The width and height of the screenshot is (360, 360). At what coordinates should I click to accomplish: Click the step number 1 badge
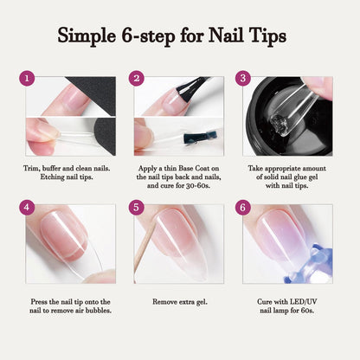(28, 78)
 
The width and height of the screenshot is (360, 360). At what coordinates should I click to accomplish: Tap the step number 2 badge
(136, 78)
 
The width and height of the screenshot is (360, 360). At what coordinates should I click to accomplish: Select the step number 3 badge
(244, 78)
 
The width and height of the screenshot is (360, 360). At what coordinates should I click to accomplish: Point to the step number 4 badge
(28, 208)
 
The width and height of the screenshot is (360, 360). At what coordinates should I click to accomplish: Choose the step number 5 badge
(136, 208)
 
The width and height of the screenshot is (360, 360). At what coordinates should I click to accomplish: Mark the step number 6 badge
(244, 208)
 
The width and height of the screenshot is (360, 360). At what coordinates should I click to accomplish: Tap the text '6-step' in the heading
(148, 35)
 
